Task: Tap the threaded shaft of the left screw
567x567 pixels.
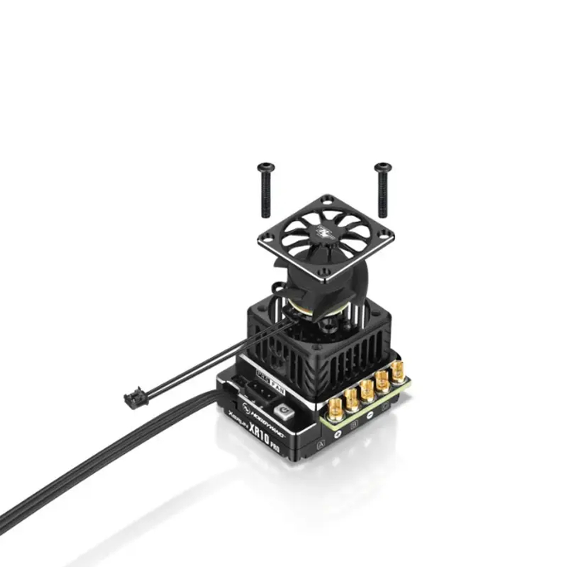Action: point(266,196)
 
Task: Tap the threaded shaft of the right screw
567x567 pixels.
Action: point(383,196)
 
